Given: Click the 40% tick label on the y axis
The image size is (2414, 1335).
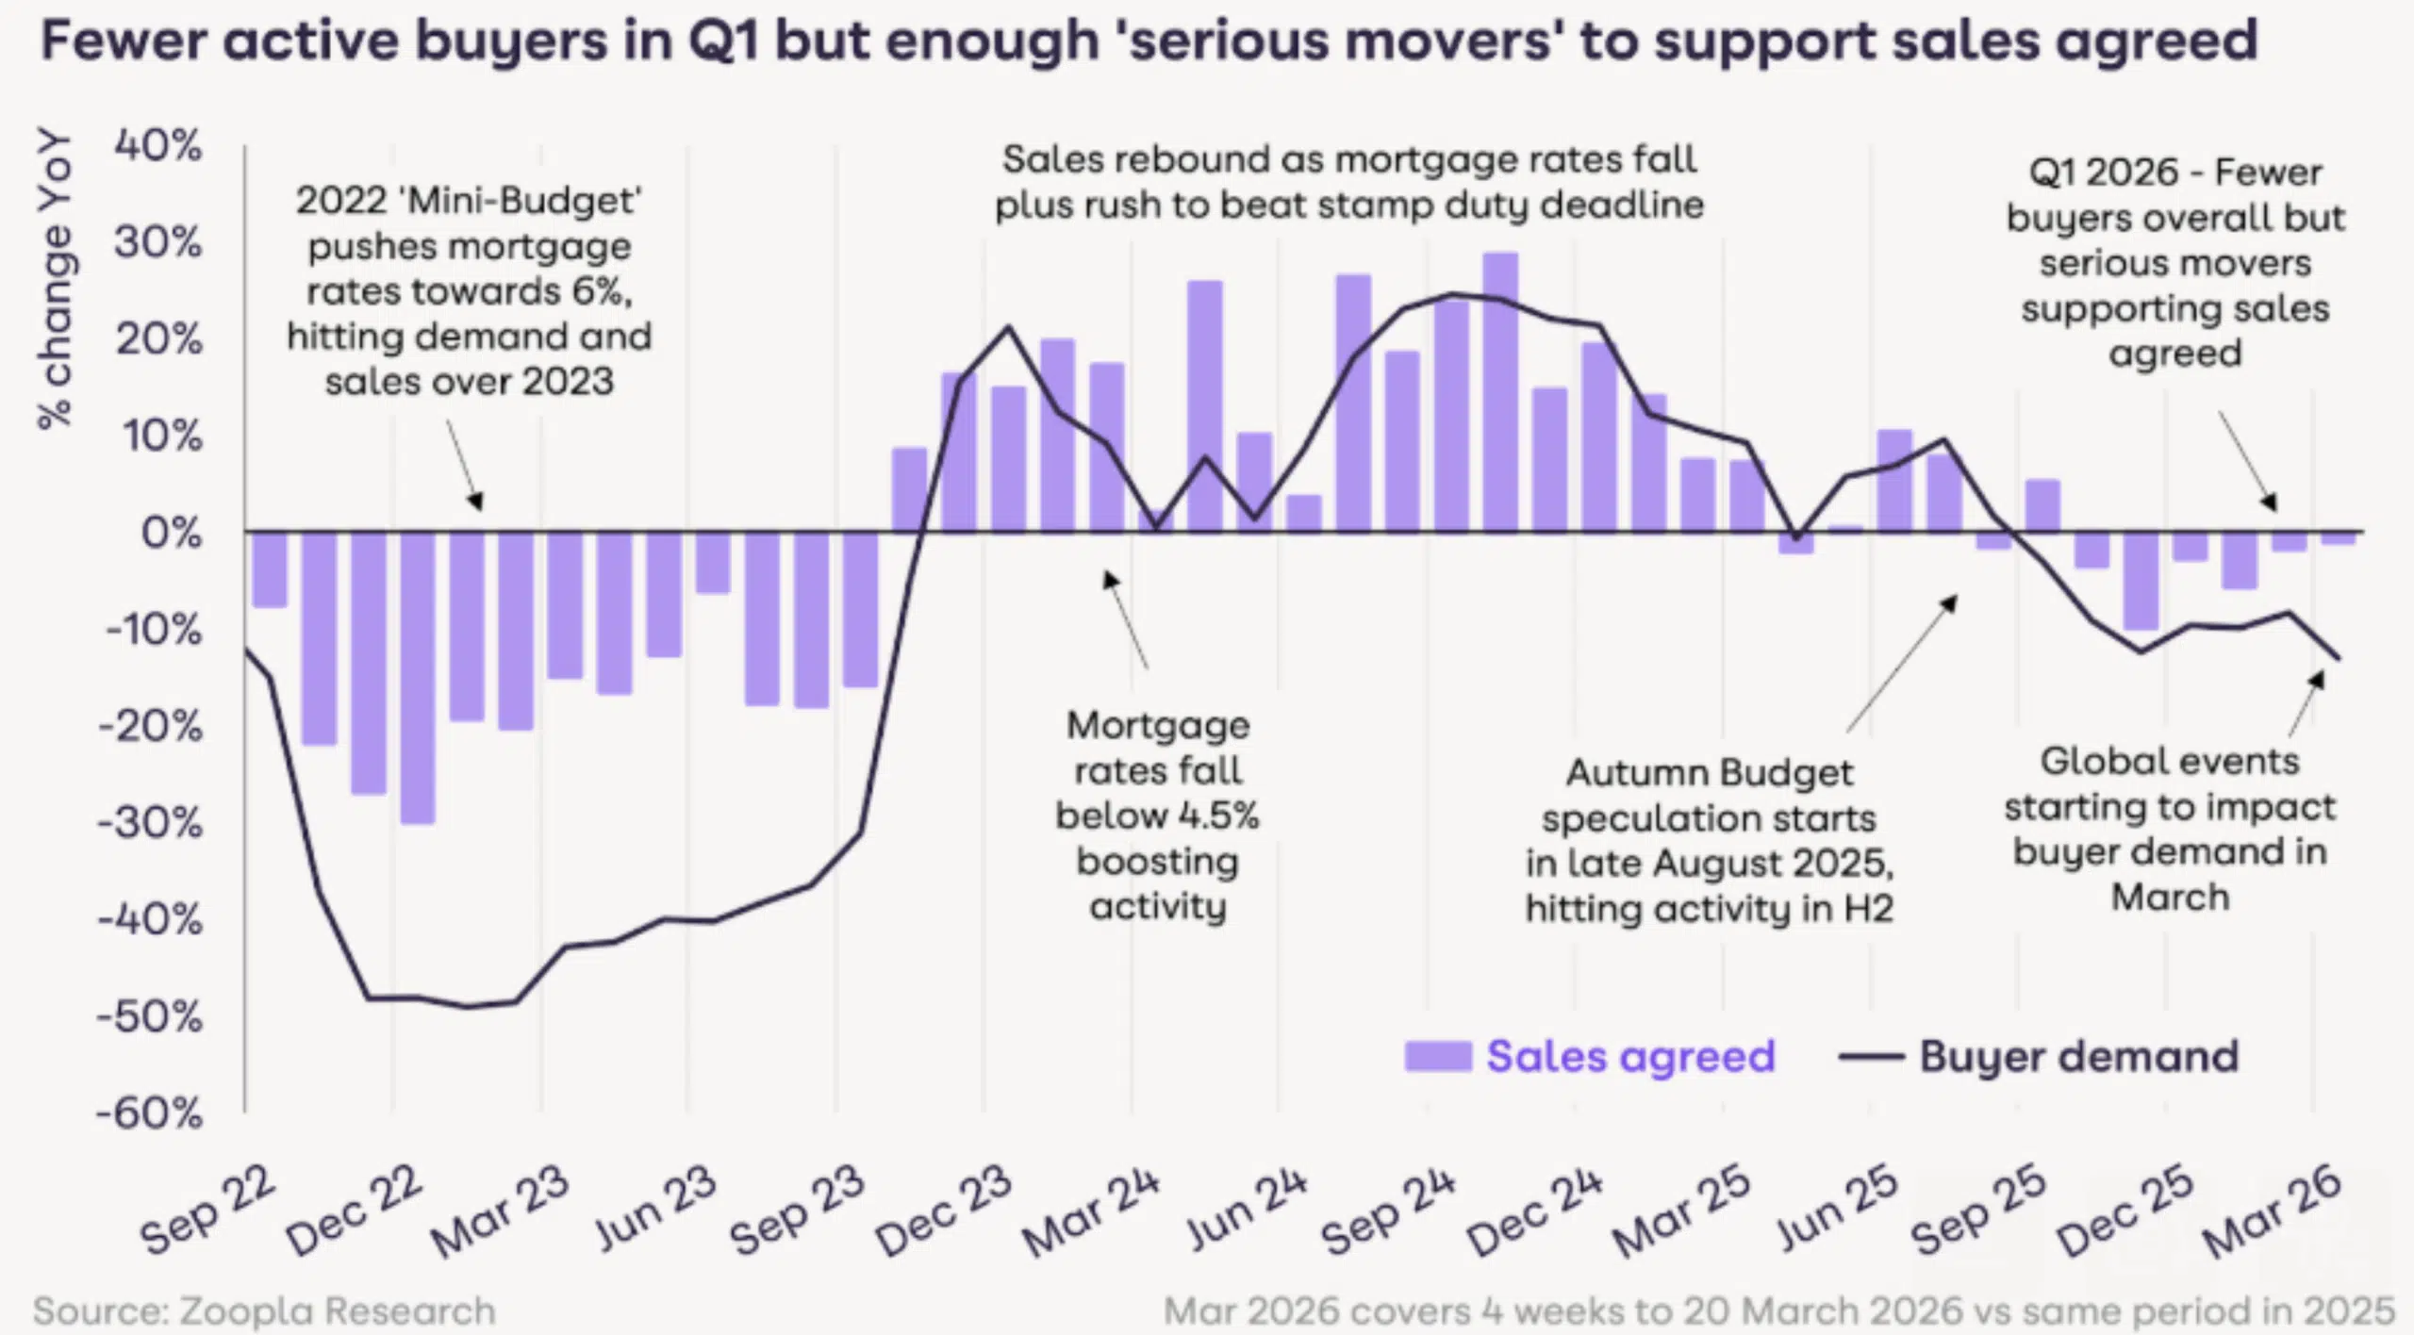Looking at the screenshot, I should coord(157,147).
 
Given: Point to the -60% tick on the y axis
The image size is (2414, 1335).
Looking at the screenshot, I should coord(151,1114).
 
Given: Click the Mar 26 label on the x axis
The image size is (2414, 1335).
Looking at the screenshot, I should coord(2273,1212).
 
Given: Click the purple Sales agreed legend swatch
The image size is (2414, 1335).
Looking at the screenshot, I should coord(1437,1057).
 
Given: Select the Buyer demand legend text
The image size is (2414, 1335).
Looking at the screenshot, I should coord(2078,1057).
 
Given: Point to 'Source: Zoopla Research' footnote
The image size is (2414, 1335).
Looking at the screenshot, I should coord(264,1311).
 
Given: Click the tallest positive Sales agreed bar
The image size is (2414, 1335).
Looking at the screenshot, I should coord(1500,391).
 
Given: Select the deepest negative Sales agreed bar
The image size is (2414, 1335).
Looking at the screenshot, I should coord(418,677).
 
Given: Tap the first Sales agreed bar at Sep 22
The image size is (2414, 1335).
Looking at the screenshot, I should coord(270,569).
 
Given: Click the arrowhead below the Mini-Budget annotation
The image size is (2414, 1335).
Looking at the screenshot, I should coord(477,502).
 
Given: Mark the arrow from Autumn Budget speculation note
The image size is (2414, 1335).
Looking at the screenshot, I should coord(1900,665).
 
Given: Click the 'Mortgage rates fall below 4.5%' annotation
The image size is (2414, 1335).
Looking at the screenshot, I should coord(1157,816).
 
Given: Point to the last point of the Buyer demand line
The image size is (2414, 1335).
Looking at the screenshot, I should coord(2339,659).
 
